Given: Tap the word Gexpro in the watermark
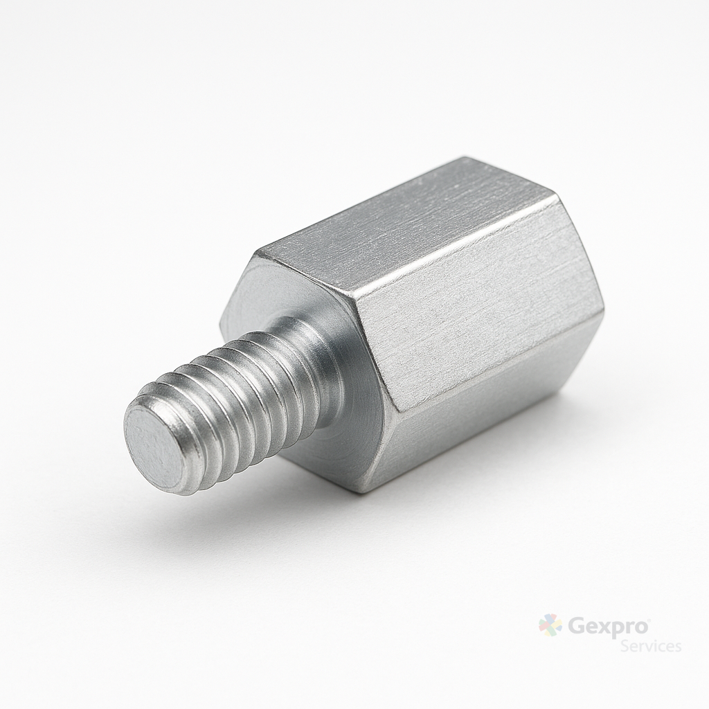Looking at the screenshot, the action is click(608, 627).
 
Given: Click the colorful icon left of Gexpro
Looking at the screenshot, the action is click(550, 625).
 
